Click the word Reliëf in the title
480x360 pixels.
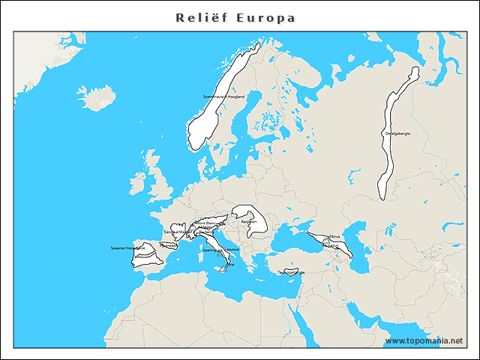[197, 17]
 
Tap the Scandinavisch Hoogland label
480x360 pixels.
[223, 97]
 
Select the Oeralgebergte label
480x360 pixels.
[397, 133]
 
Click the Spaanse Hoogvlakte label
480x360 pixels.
[127, 247]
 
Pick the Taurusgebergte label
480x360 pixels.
[291, 272]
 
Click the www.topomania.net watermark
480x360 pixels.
[424, 341]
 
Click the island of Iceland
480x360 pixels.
[96, 97]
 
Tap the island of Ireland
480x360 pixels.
[137, 182]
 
